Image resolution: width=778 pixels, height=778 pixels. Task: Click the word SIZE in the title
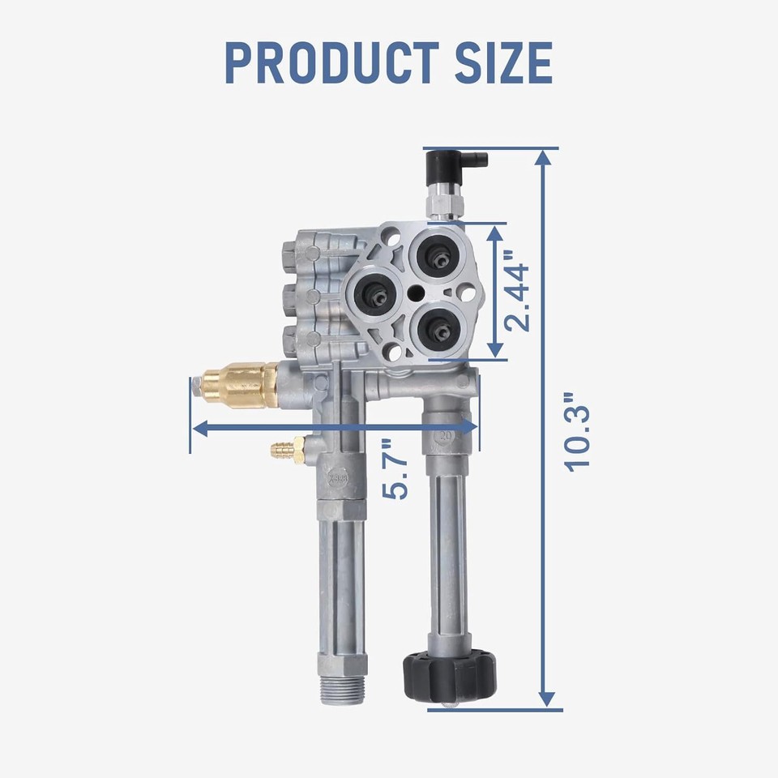(503, 62)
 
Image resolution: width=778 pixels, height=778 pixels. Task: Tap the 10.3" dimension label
(578, 432)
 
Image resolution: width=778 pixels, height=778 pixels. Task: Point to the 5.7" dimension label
(395, 469)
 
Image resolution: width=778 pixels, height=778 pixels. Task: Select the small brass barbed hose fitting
(289, 448)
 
